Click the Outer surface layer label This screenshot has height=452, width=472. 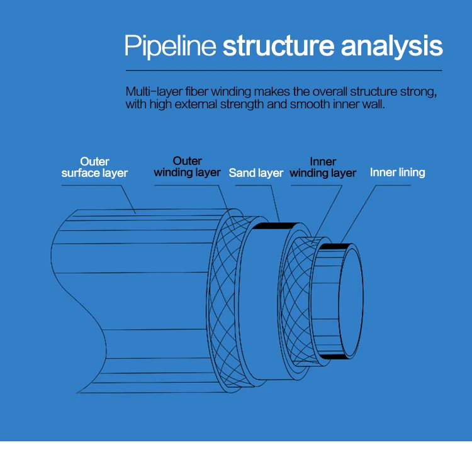(94, 167)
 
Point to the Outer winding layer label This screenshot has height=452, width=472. (187, 167)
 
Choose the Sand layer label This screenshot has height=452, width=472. (256, 172)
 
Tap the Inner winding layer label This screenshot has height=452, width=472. (323, 167)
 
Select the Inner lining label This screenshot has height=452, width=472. (397, 172)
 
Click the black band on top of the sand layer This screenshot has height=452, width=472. (277, 225)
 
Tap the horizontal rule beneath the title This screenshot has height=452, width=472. (283, 69)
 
